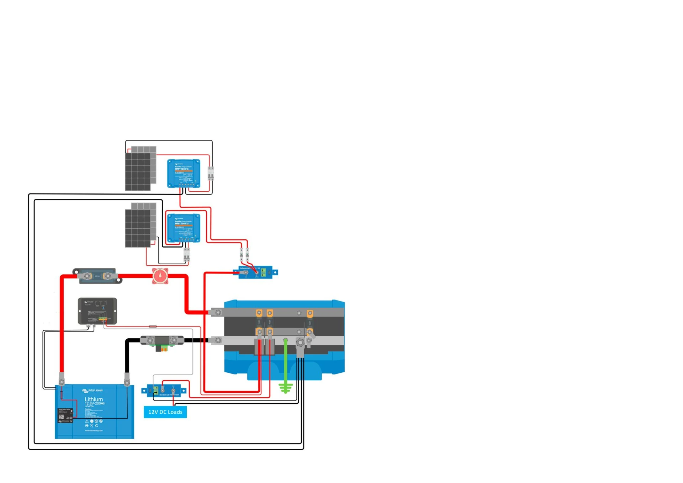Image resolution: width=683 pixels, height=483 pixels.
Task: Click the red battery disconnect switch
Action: [x=160, y=276]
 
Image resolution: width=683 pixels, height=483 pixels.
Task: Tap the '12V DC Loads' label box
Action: [x=165, y=412]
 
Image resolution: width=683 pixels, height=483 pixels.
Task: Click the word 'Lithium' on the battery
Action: [x=94, y=399]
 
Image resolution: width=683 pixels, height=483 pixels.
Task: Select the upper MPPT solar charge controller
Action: [x=184, y=174]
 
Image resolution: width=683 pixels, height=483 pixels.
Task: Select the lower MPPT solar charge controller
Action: [x=184, y=228]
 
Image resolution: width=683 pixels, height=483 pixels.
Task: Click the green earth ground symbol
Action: [x=285, y=388]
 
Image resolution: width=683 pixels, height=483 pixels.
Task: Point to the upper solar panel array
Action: [x=141, y=168]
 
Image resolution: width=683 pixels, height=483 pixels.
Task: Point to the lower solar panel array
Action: [x=141, y=225]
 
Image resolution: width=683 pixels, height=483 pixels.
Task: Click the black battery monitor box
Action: [x=97, y=311]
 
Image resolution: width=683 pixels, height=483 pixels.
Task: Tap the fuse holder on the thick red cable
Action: [x=97, y=276]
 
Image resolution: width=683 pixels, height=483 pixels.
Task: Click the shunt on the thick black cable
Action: [x=162, y=341]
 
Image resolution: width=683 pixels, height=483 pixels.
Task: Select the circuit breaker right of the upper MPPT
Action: [x=211, y=173]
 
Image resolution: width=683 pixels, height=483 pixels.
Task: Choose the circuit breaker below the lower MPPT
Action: [x=186, y=255]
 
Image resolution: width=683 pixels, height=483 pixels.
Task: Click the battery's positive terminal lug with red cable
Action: [x=62, y=379]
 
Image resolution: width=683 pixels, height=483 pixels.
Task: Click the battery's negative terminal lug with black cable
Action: [x=127, y=379]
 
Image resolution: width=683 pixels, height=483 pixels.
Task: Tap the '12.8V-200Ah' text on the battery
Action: [x=95, y=404]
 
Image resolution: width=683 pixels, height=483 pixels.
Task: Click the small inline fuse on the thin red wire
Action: [x=153, y=326]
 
